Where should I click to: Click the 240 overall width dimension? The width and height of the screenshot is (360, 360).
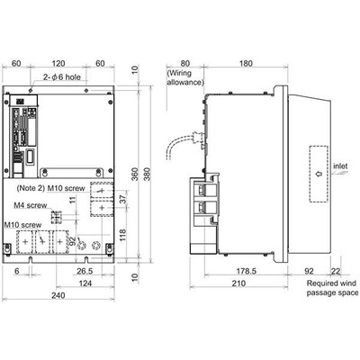58,295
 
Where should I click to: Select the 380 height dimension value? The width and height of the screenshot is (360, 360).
147,175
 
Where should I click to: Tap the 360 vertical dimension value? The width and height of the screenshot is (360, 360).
135,175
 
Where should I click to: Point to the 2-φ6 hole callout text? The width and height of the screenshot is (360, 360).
62,77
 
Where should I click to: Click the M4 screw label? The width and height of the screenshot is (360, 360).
31,205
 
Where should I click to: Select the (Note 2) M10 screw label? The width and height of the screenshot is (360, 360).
51,188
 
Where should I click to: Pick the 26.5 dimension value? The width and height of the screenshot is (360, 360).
85,271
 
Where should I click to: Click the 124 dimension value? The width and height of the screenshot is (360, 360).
85,283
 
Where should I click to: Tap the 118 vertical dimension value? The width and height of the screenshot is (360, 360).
122,235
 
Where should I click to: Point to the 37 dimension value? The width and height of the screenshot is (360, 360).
124,199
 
